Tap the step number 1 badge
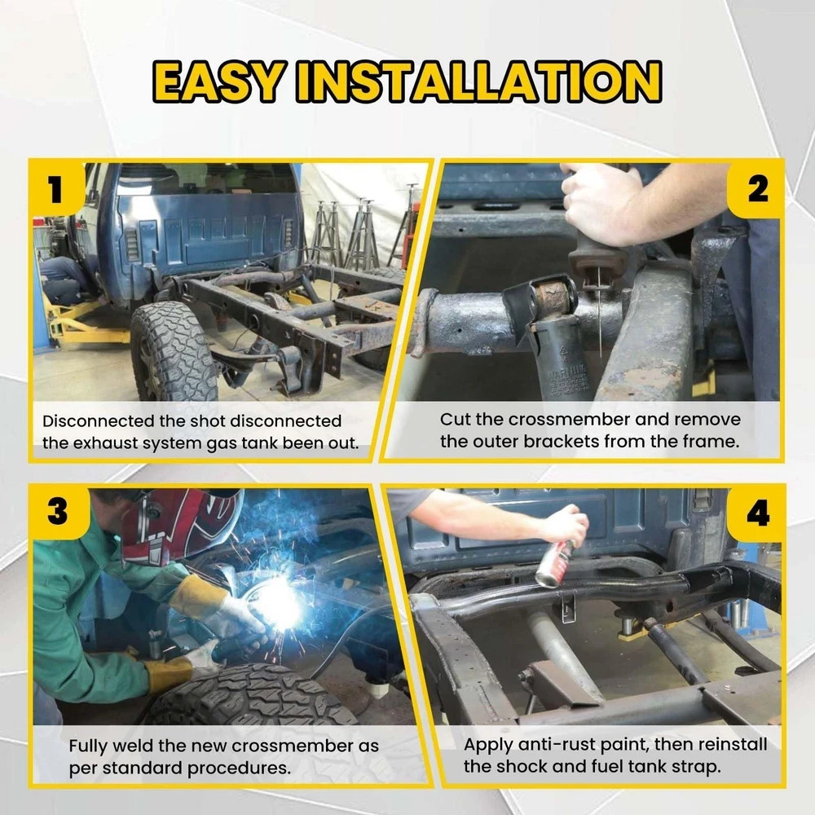coord(56,189)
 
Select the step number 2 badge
coord(757,189)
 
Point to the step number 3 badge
coord(57,512)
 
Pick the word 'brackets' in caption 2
coord(562,442)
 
